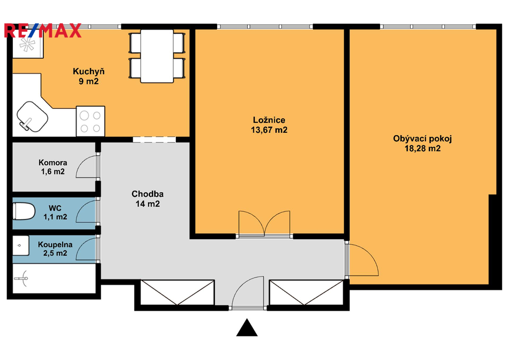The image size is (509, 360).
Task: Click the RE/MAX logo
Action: click(x=43, y=30)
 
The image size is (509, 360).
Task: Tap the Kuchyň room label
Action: click(x=88, y=72)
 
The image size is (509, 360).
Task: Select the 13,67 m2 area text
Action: click(x=269, y=130)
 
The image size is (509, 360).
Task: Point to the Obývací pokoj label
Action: click(x=423, y=139)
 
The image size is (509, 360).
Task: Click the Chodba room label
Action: click(x=147, y=194)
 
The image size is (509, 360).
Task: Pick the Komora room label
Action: click(x=53, y=162)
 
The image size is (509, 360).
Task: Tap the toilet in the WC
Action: click(x=24, y=211)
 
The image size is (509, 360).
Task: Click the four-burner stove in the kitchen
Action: click(x=90, y=121)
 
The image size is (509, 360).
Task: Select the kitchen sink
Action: click(x=32, y=116)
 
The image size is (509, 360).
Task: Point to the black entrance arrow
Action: click(x=247, y=327)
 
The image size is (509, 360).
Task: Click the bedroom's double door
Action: click(x=264, y=224)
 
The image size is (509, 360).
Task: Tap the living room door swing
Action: click(x=362, y=260)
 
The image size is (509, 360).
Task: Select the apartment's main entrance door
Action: click(x=248, y=292)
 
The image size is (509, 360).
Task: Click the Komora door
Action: click(x=87, y=167)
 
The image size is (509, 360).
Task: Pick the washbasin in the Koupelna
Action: click(x=21, y=246)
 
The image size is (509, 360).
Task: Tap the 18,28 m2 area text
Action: click(x=423, y=149)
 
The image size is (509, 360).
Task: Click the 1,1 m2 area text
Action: click(x=55, y=217)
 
